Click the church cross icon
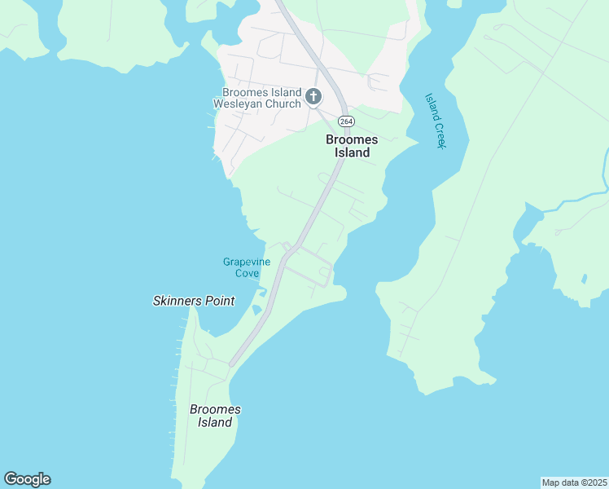click(313, 98)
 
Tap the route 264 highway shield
click(347, 121)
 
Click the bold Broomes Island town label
click(352, 146)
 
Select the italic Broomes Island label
click(215, 416)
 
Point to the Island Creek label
click(436, 121)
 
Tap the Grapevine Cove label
click(247, 267)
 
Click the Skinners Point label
click(194, 301)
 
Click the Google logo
click(27, 479)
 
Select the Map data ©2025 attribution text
click(574, 482)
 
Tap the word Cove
click(247, 273)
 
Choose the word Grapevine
click(247, 262)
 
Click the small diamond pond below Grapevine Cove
click(257, 310)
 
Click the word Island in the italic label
click(215, 422)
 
